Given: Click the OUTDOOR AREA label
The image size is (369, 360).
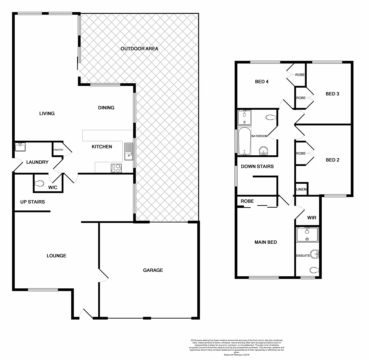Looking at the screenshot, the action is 139,49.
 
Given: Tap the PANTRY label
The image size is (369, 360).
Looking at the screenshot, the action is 58,150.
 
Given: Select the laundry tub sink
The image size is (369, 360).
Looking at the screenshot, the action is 21,146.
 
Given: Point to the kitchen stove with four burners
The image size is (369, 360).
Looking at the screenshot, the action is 116,168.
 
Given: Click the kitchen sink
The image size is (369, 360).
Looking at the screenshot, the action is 129,151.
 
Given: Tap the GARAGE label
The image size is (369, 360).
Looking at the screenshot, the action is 153,270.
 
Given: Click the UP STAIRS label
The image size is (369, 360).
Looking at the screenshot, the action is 32,202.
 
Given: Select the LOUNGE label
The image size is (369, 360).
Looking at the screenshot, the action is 56,256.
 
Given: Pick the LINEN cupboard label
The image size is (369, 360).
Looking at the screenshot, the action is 301,189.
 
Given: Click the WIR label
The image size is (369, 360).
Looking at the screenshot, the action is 312,218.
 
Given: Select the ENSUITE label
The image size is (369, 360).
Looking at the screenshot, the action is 303,256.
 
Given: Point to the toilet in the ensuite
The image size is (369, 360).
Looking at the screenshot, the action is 314,269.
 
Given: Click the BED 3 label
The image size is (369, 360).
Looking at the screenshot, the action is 332,94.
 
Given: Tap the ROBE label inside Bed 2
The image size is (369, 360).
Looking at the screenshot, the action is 301,153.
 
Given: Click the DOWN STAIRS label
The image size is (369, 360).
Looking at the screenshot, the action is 257,166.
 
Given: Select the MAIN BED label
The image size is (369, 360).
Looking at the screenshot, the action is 266,242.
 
